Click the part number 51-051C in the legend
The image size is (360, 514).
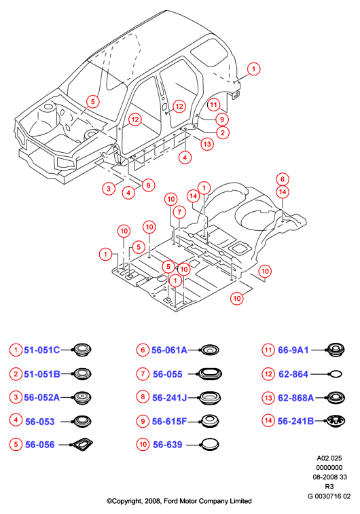click(x=42, y=350)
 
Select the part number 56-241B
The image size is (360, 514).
click(x=295, y=421)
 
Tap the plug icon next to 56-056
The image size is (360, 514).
click(x=82, y=444)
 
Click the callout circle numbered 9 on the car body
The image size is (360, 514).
click(x=222, y=120)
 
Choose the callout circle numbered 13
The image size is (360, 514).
click(x=207, y=143)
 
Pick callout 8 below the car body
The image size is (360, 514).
click(x=148, y=185)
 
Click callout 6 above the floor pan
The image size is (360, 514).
click(x=283, y=179)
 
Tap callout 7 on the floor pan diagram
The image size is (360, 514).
click(x=179, y=212)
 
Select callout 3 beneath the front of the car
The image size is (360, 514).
click(x=109, y=189)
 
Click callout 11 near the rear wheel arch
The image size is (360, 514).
click(x=213, y=105)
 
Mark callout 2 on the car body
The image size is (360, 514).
click(x=223, y=132)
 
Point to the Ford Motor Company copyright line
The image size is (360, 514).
click(x=179, y=501)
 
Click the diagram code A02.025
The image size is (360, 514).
click(x=329, y=458)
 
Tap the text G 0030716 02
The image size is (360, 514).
click(x=329, y=496)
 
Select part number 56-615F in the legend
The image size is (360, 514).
click(x=169, y=421)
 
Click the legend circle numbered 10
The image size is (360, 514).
click(x=143, y=445)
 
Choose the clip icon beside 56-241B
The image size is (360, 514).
click(x=336, y=421)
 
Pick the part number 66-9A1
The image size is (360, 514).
click(x=293, y=350)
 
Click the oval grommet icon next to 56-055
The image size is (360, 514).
click(x=210, y=373)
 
